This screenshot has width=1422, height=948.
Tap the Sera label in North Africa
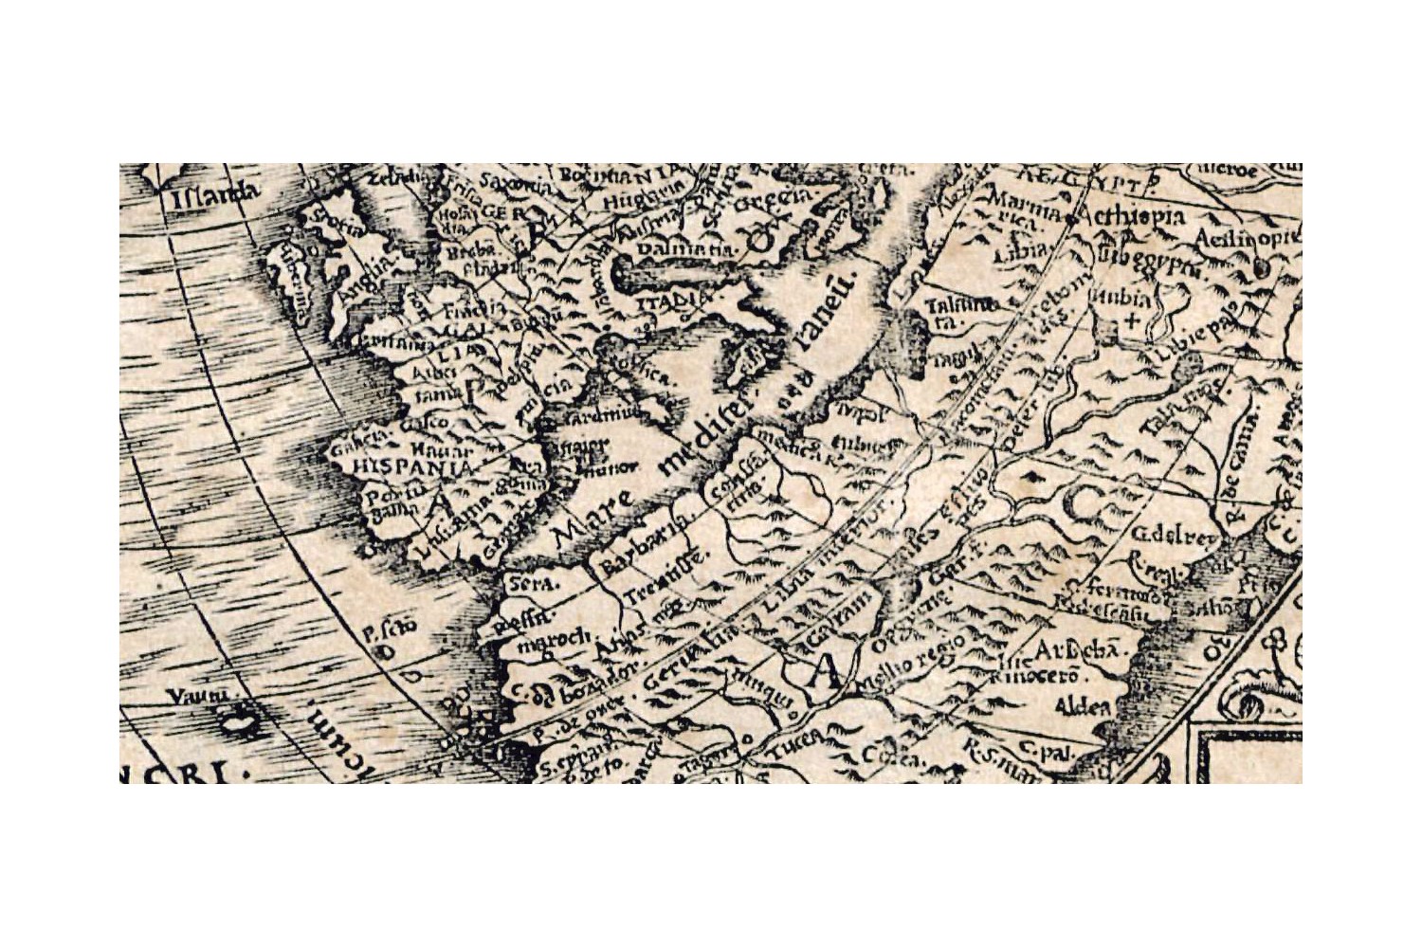coord(533,584)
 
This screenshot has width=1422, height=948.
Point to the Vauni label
coord(199,697)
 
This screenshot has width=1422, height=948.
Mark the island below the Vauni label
coord(239,723)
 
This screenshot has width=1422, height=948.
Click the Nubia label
coord(1125,299)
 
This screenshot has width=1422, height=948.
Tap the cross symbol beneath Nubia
coord(1130,320)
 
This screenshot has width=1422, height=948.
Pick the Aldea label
coord(1084,707)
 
